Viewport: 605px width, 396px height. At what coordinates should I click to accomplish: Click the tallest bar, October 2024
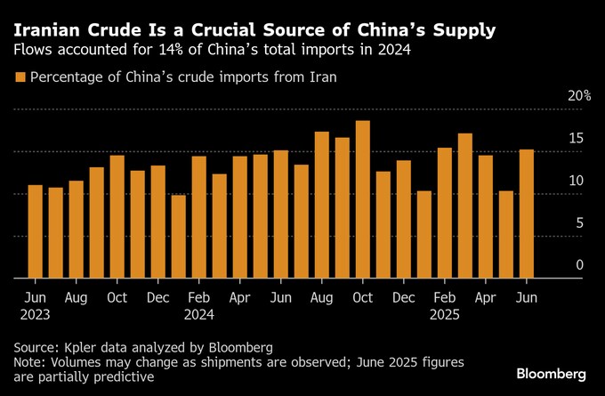click(363, 199)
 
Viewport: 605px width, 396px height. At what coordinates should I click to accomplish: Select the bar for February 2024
click(199, 217)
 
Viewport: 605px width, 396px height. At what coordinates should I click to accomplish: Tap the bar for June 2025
click(527, 214)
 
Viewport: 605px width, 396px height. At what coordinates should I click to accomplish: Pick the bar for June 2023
click(36, 231)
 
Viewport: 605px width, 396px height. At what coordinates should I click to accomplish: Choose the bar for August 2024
click(322, 205)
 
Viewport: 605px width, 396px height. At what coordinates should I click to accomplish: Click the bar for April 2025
click(486, 216)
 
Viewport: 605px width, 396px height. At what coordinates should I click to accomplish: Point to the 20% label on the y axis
click(579, 96)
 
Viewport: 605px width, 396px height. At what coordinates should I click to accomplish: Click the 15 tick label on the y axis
click(577, 138)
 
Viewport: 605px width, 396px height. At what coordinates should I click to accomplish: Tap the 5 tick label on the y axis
click(579, 222)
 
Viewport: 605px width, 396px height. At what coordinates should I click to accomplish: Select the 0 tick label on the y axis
click(579, 265)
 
